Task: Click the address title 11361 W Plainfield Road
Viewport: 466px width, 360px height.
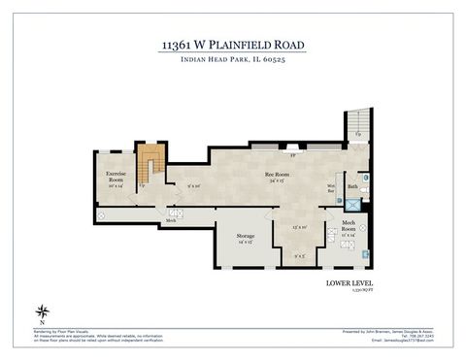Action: (232, 45)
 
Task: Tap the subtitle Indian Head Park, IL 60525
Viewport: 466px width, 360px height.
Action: (232, 61)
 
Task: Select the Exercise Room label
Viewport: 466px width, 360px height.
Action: (116, 177)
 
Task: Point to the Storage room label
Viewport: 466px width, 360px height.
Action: (245, 238)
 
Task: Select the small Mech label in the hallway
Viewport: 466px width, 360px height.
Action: (171, 221)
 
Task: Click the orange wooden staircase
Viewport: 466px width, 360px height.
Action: (149, 163)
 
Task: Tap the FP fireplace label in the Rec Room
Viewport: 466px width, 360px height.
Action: (292, 153)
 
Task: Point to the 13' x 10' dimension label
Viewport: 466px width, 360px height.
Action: (300, 227)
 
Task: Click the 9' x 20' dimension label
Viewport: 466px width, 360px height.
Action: (194, 186)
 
